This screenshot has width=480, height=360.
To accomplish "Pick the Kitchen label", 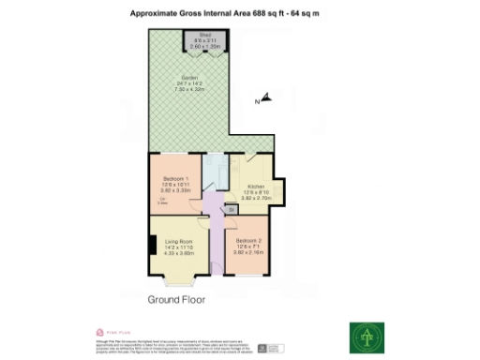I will coord(255,187).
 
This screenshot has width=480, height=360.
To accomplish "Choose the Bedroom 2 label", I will coord(247,241).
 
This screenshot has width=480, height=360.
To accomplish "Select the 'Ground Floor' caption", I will coord(177,301).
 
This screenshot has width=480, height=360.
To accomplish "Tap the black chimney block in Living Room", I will coord(152,246).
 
